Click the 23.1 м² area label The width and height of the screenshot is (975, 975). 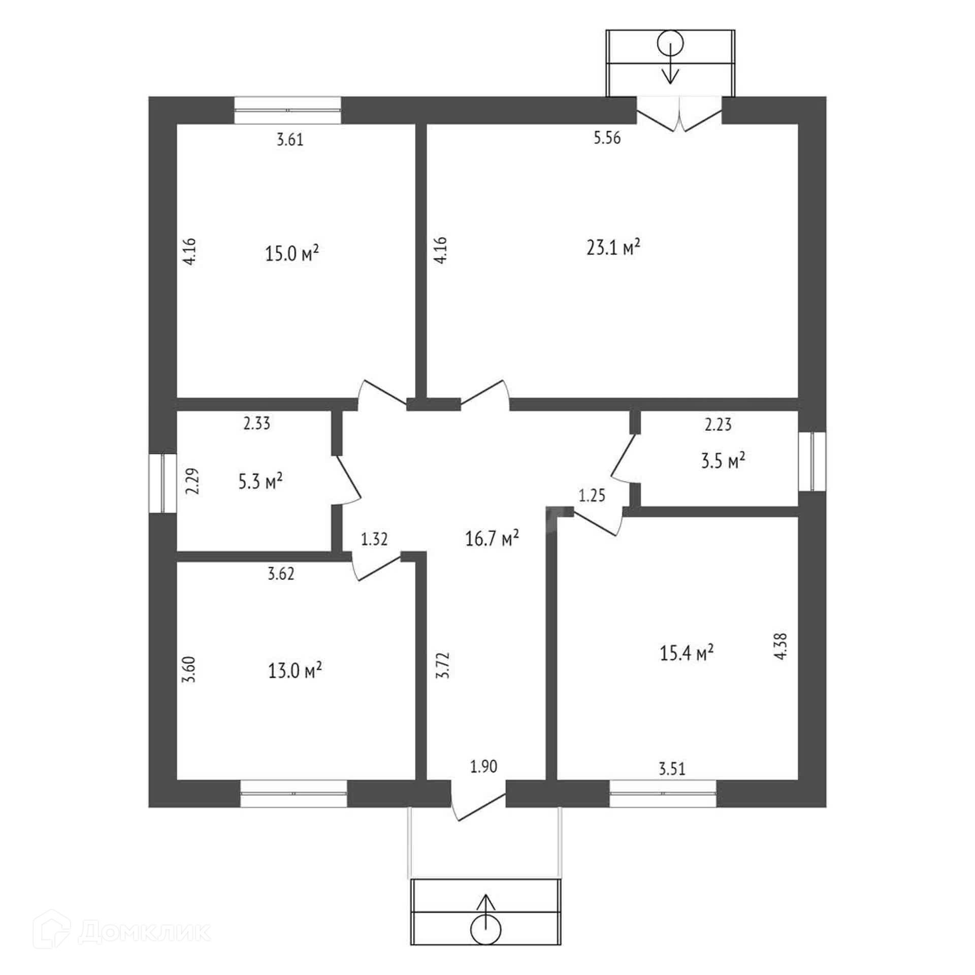coord(613,248)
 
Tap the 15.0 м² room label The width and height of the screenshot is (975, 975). coord(292,253)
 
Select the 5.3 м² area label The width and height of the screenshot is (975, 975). coord(261,481)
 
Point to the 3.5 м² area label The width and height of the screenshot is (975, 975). coord(723,462)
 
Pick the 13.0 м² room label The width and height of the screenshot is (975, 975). coord(295,671)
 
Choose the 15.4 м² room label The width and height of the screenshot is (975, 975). coord(687,653)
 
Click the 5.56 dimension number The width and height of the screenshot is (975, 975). coord(607,138)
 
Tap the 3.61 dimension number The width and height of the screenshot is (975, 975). coord(290,140)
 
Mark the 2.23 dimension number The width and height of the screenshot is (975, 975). coord(718,425)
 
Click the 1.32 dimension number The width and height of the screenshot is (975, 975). coord(374,539)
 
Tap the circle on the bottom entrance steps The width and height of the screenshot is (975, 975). coord(486,929)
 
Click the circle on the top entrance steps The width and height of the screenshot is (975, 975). coord(670,44)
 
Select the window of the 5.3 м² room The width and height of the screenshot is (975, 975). coord(162,483)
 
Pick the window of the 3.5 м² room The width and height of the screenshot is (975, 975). coord(812,462)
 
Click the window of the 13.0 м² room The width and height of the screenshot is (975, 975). coord(294,793)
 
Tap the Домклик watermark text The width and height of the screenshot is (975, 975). coord(144,931)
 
